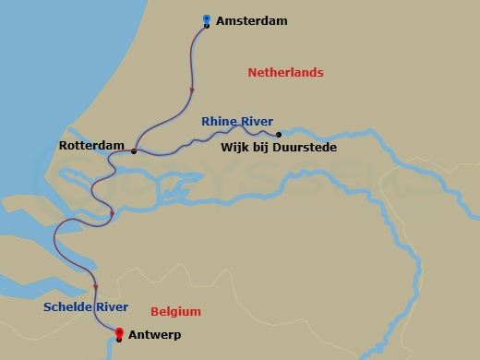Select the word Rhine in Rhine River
coord(219,121)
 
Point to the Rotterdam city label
coord(90,146)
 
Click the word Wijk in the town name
coord(235,147)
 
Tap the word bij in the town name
coord(263,147)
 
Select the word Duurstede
coord(306,147)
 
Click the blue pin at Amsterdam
coord(206,18)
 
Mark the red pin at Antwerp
coord(119,332)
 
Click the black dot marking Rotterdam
coord(134,151)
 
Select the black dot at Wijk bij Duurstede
coord(279,134)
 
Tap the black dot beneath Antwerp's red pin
coord(119,341)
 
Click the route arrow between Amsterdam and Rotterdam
coord(192,90)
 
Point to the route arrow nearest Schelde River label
coord(95,286)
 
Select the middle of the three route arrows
coord(112,214)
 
